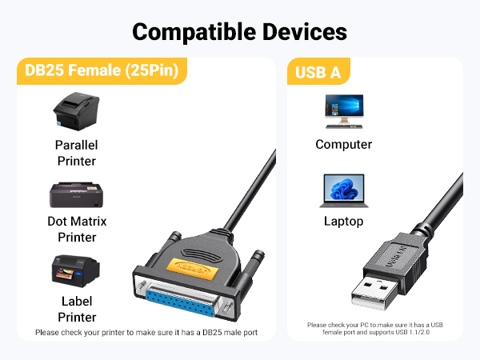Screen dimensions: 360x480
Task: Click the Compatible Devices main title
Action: (240, 31)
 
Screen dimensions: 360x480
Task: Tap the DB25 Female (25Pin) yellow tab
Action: (101, 71)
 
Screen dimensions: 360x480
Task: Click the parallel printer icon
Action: (75, 114)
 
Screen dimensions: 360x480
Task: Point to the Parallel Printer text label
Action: (76, 153)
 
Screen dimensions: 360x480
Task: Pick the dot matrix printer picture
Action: (76, 194)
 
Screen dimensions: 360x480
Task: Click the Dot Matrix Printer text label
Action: (76, 229)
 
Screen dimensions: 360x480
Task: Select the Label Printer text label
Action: (76, 309)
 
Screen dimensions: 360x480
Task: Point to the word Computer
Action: (344, 145)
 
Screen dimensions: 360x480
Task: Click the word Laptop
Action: (344, 222)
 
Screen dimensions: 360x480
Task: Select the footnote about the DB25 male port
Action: (146, 332)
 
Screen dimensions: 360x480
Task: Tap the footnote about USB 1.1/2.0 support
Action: (374, 329)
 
